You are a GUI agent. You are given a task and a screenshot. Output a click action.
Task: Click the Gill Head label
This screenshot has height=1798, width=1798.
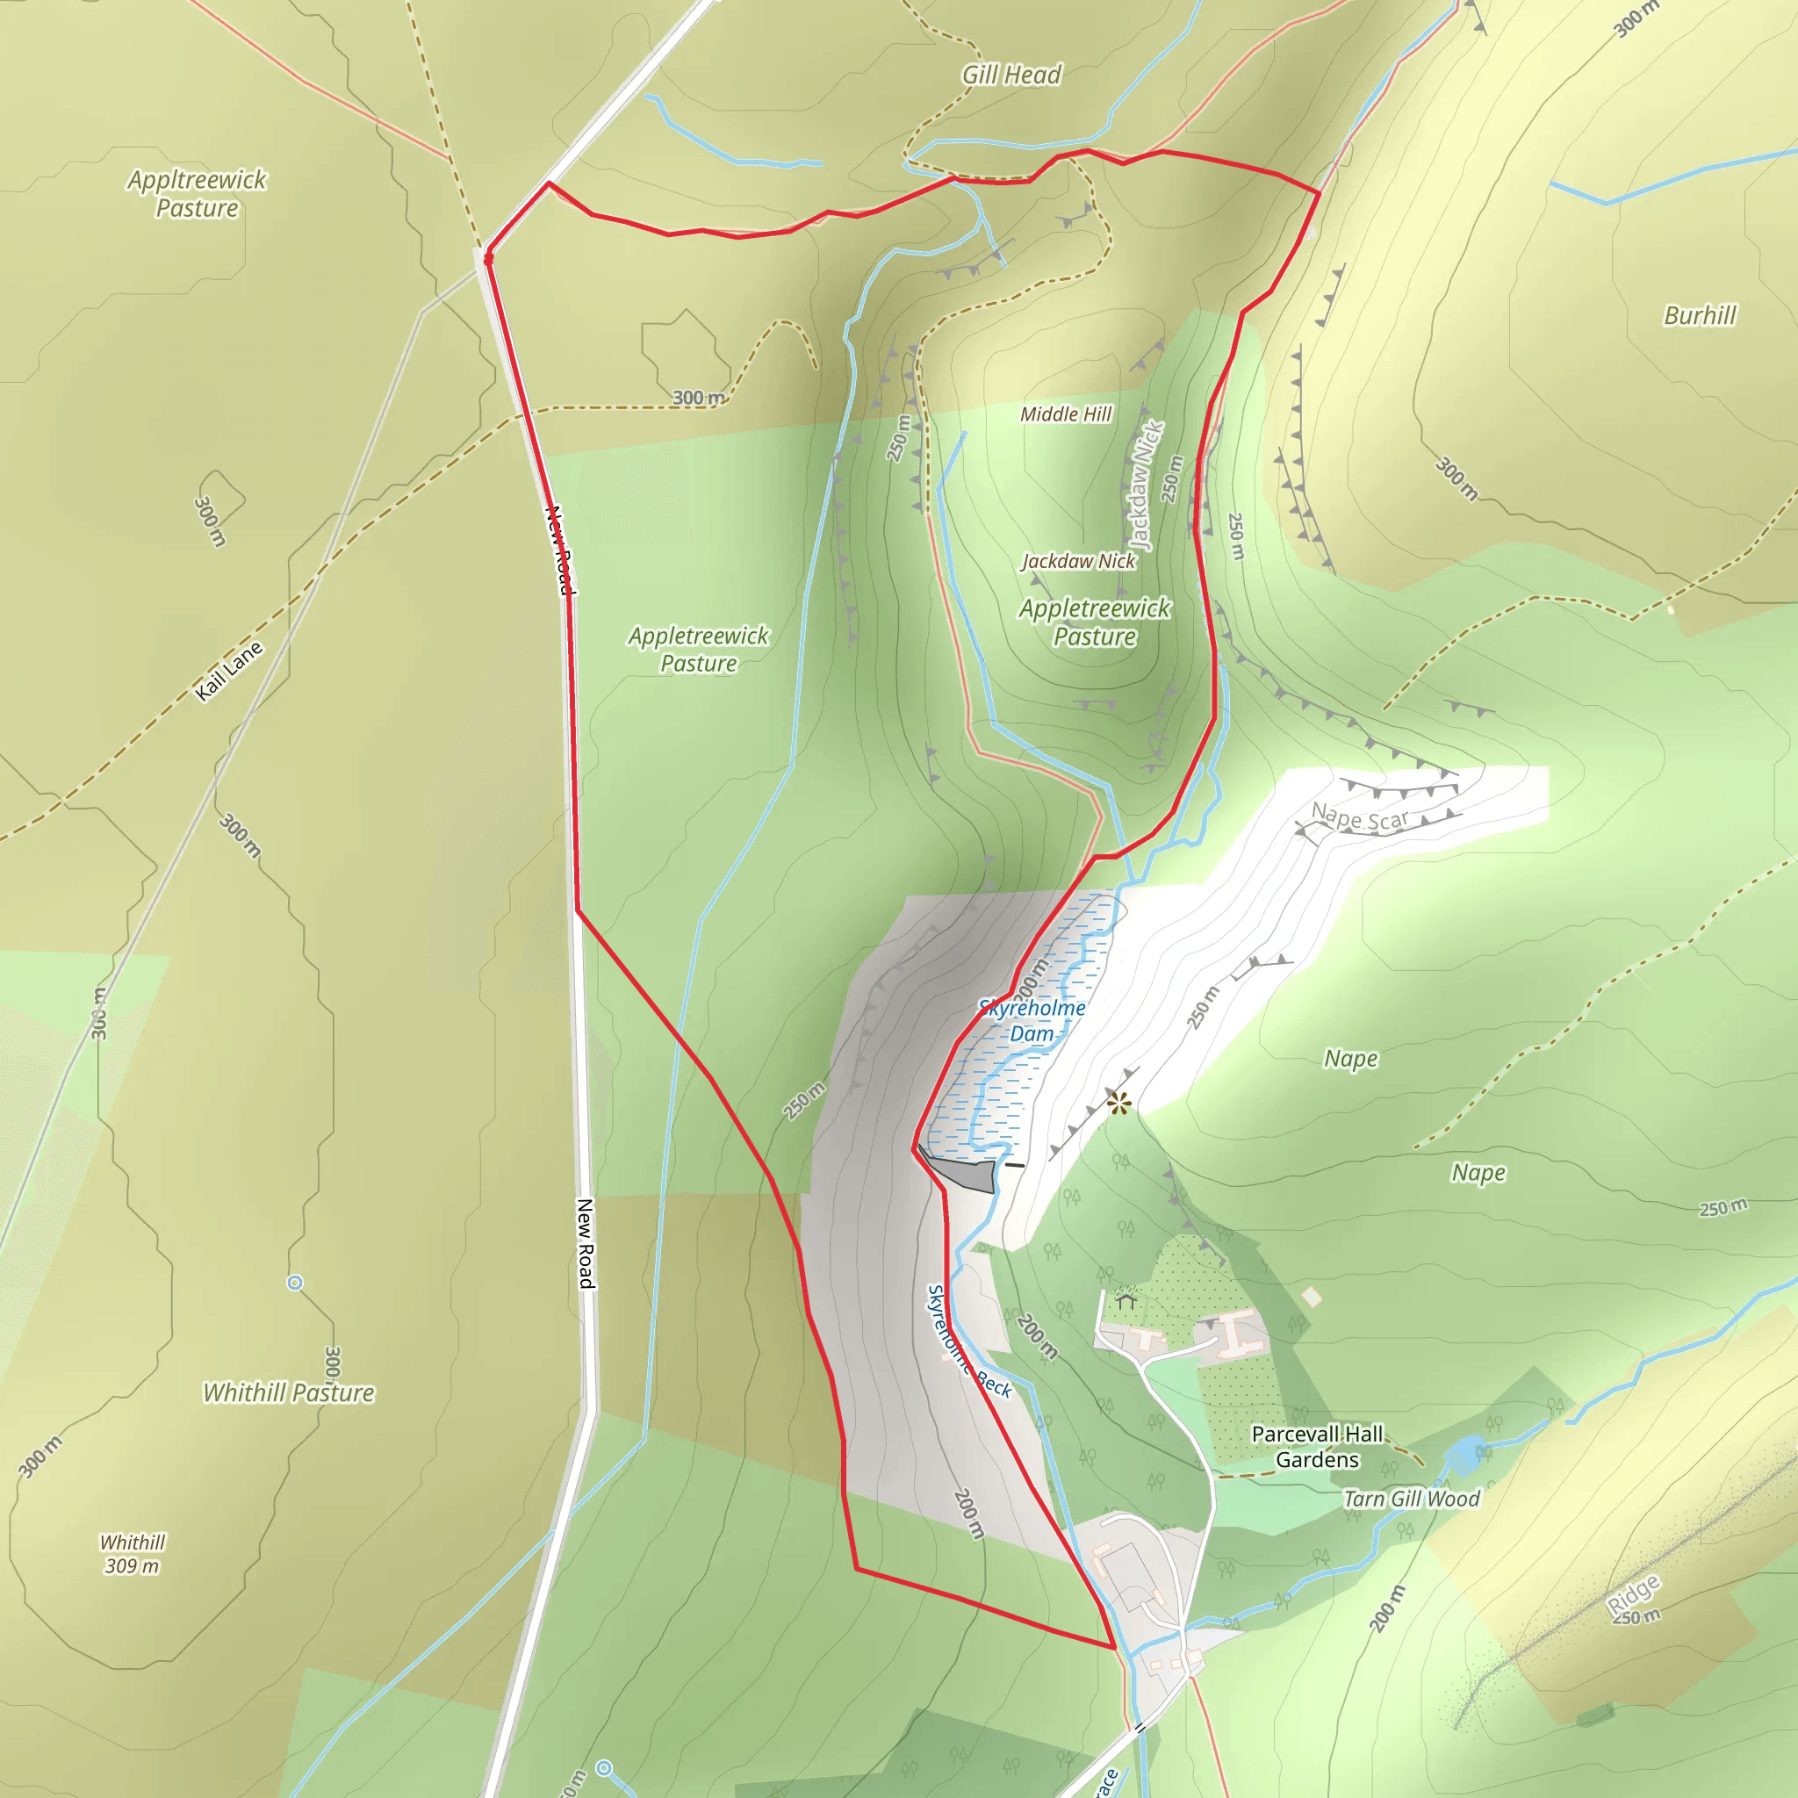tap(1010, 75)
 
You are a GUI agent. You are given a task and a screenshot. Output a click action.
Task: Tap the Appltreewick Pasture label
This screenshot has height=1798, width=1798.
tap(198, 193)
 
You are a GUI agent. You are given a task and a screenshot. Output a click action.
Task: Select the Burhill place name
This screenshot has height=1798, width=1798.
tap(1700, 315)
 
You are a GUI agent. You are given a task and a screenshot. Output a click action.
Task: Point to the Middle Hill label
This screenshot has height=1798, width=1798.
tap(1066, 414)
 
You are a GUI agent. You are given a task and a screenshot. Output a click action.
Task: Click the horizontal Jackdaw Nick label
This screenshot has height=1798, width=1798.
tap(1079, 561)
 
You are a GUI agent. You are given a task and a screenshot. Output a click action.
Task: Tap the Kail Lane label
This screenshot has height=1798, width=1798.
tap(229, 670)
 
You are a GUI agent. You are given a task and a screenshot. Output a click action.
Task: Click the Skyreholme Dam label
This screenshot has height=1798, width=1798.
tap(1032, 1020)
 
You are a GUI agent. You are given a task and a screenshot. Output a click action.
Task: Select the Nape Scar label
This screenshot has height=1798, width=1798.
tap(1360, 817)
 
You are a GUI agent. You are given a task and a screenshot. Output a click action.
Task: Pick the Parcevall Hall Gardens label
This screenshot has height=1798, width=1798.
tap(1317, 1446)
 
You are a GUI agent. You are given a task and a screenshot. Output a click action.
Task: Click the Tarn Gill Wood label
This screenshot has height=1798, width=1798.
tap(1411, 1499)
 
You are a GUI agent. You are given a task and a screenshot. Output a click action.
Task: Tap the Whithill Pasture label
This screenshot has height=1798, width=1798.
tap(289, 1392)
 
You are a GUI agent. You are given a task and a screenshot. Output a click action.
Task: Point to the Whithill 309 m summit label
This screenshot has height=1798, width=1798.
tap(133, 1554)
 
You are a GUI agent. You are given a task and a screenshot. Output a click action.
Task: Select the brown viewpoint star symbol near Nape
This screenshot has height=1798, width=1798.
tap(1118, 1104)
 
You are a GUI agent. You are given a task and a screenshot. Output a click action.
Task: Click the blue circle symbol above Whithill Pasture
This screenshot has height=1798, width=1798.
tap(295, 1284)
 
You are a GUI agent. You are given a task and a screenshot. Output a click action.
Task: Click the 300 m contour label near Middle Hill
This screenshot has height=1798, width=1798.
tap(699, 398)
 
